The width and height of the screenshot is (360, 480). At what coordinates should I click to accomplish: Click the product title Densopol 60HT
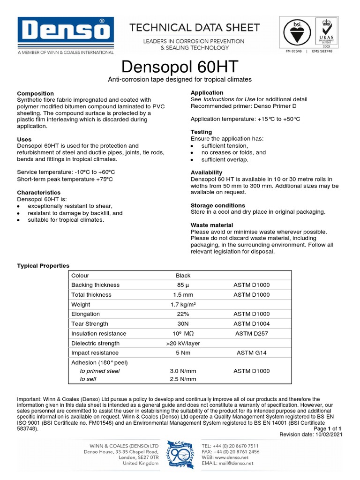pos(180,66)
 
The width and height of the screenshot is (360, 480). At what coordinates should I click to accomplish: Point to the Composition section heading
pos(35,93)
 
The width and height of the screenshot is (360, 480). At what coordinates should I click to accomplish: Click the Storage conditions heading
pos(217,205)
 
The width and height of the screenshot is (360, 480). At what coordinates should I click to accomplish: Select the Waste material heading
pos(211,225)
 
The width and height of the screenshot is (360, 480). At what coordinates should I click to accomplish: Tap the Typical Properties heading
pos(43,266)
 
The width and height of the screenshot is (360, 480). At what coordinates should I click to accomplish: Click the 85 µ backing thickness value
pos(183,285)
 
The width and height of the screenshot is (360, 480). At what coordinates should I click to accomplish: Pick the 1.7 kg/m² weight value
pos(183,305)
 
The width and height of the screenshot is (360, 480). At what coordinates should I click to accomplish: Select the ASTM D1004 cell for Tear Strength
pos(251,324)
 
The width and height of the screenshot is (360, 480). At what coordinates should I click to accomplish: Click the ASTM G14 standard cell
pos(251,353)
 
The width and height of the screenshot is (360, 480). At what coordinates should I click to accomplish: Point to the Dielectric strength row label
pos(96,343)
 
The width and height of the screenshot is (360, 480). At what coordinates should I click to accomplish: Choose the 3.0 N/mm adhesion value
pos(183,371)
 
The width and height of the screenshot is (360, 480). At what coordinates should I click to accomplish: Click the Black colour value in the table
pos(183,276)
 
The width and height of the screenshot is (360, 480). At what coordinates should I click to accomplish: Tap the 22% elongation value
pos(183,314)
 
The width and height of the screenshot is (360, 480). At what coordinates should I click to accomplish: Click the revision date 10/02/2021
pos(327,435)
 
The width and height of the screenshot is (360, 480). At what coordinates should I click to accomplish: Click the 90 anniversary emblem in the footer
pos(180,454)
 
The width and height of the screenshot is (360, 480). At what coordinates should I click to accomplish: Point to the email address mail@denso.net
pos(236,463)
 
